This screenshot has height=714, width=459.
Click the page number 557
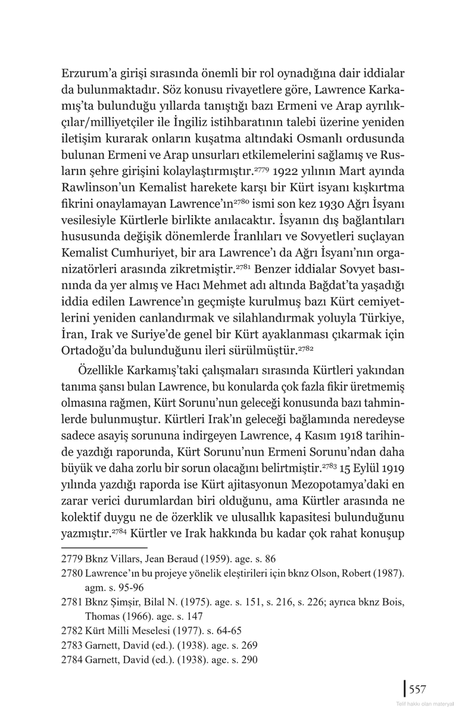[x=417, y=690]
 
